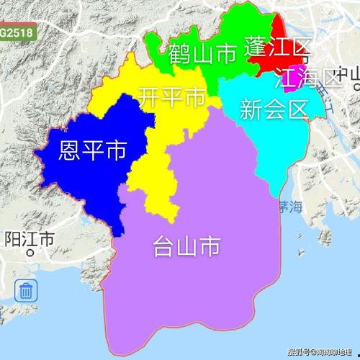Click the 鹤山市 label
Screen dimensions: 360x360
pos(203,53)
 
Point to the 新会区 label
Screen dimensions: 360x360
pos(274,109)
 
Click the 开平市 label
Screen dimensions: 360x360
pos(172,97)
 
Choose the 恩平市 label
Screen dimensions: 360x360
pos(92,150)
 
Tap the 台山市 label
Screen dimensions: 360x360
pos(186,247)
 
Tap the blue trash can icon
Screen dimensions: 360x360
pos(26,292)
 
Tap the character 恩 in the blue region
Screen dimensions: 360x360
pos(71,150)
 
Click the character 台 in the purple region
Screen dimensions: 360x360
pos(164,247)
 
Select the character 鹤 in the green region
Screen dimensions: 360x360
pos(180,53)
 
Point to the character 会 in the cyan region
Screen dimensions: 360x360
pos(274,109)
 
